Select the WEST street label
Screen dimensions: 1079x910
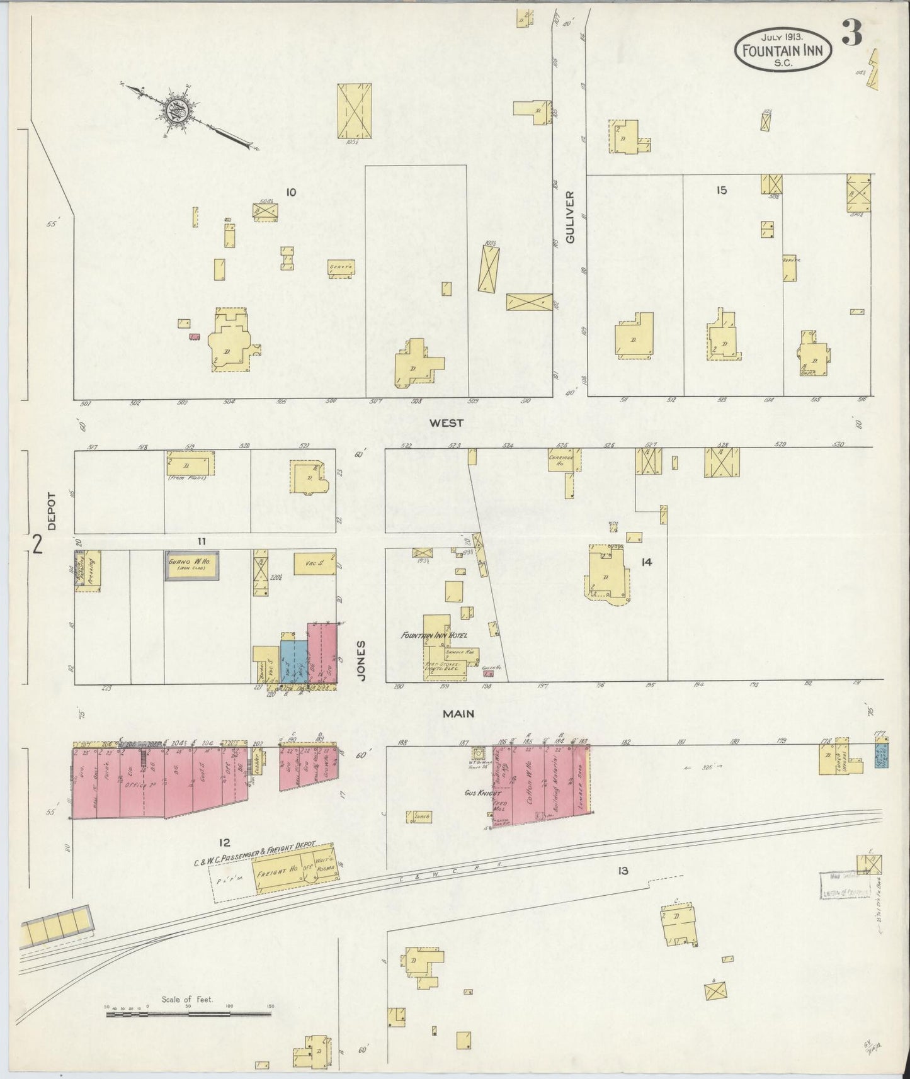point(446,423)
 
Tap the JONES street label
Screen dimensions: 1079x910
point(361,661)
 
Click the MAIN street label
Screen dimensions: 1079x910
point(458,714)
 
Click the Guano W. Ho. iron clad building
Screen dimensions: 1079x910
point(192,567)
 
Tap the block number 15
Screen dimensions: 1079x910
point(721,189)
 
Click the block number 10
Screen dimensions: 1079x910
point(290,192)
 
